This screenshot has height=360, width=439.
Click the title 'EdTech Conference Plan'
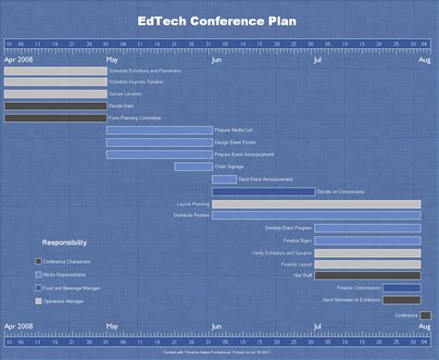coord(219,19)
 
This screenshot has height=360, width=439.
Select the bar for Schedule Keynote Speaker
coord(55,82)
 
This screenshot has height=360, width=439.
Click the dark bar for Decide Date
coord(55,106)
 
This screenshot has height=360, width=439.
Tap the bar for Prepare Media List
coord(158,130)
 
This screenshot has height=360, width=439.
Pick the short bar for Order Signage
coord(194,167)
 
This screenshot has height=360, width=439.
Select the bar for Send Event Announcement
coord(224,180)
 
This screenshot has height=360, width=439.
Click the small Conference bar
coord(425,316)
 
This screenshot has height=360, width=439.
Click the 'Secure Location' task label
coord(127,94)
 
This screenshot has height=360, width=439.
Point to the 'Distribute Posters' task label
coord(191,216)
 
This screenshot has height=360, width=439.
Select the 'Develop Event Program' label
coord(288,228)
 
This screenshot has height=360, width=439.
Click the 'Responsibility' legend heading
coord(65,242)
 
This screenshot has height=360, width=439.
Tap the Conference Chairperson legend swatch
coord(38,262)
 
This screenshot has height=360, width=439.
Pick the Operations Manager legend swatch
coord(38,302)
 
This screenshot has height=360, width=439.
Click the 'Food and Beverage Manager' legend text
coord(72,289)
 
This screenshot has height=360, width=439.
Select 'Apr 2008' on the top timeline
coord(19,59)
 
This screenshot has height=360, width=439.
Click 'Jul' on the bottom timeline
coord(318,326)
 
